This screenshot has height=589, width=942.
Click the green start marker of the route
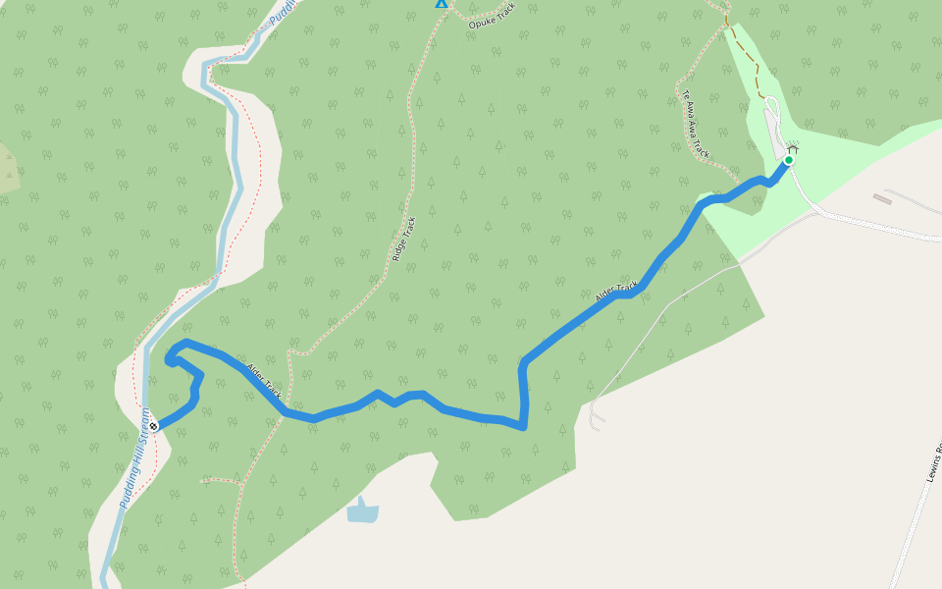[788, 160]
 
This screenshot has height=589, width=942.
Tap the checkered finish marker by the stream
[154, 426]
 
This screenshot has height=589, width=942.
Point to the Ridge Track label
[403, 239]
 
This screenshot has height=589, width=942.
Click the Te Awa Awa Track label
[695, 125]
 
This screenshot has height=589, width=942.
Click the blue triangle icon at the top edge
[442, 3]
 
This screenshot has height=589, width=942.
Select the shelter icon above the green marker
[792, 149]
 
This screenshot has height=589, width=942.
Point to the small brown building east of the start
[881, 199]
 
